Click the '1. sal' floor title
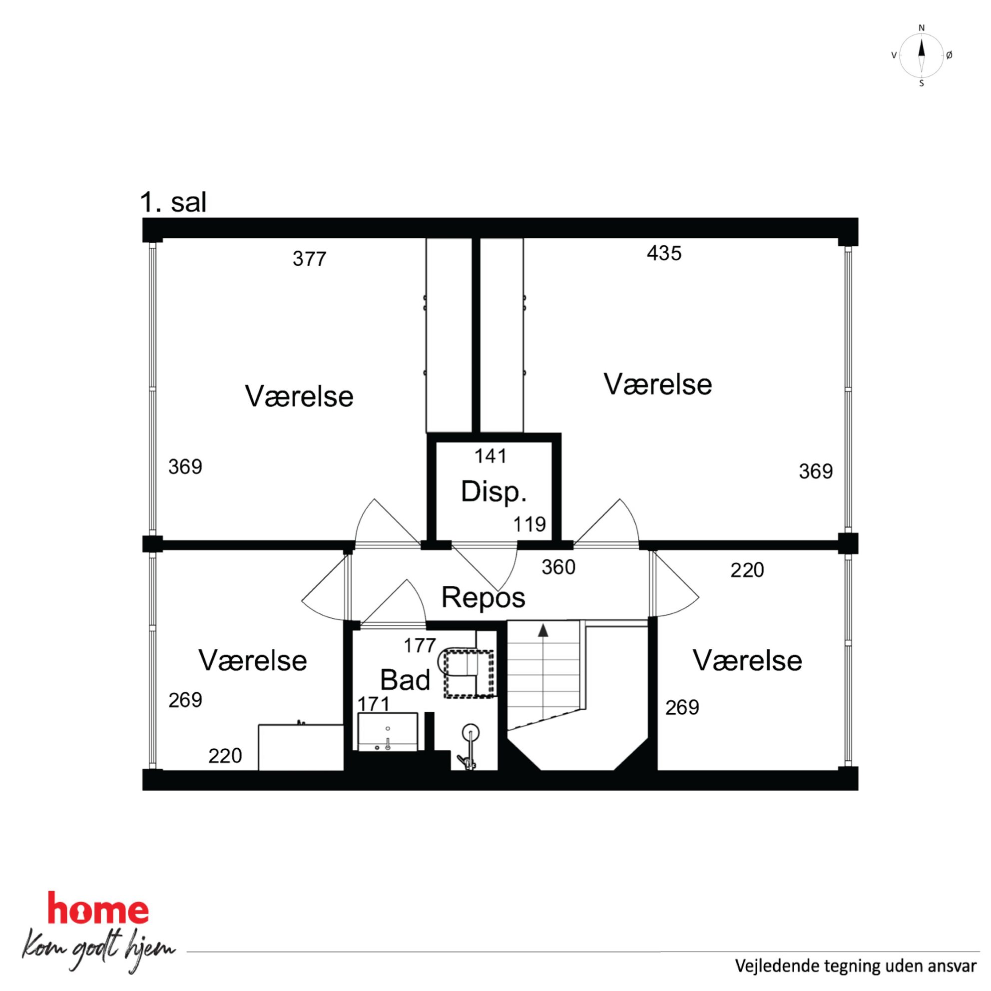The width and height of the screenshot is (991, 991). [x=173, y=203]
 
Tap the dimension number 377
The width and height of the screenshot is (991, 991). [x=309, y=259]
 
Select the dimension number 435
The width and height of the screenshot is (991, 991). [x=664, y=253]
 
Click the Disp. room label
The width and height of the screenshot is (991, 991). [x=494, y=492]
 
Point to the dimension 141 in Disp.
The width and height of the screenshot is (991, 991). [x=491, y=456]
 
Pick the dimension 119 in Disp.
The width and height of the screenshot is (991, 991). [x=530, y=524]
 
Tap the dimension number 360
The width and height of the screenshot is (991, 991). [x=558, y=567]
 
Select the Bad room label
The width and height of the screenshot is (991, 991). [x=405, y=681]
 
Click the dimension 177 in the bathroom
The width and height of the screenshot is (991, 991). [x=420, y=646]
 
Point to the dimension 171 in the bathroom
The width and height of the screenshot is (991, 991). [x=374, y=704]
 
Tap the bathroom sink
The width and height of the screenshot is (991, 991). [x=388, y=732]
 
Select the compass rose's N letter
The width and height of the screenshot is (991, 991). [x=921, y=27]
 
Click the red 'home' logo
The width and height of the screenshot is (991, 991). [x=98, y=909]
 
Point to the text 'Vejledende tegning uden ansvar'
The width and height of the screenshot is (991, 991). [x=856, y=966]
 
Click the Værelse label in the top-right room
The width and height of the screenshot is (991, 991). [x=658, y=384]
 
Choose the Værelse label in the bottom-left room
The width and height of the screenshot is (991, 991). [x=253, y=661]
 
